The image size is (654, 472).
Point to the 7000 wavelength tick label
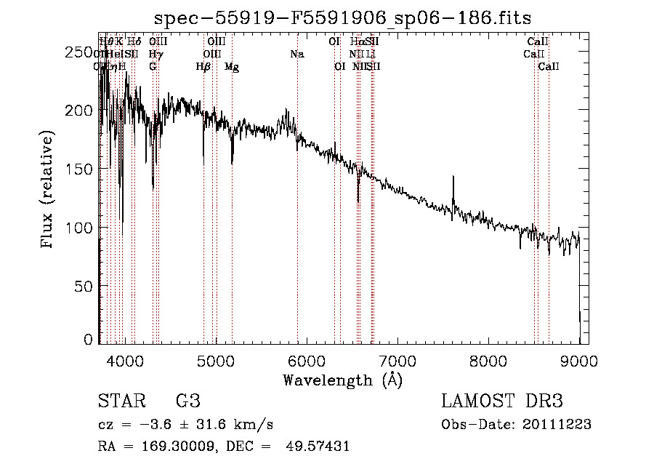[397, 360]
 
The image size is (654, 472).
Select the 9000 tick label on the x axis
[579, 360]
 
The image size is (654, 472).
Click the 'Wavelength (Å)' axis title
[342, 380]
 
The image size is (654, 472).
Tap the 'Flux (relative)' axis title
[49, 191]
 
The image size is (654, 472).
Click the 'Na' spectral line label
[296, 55]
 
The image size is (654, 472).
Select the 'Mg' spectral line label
[232, 67]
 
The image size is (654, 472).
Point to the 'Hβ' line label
[203, 67]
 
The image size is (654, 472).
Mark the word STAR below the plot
[121, 401]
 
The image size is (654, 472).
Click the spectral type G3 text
[187, 401]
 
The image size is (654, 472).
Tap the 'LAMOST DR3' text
[502, 401]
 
